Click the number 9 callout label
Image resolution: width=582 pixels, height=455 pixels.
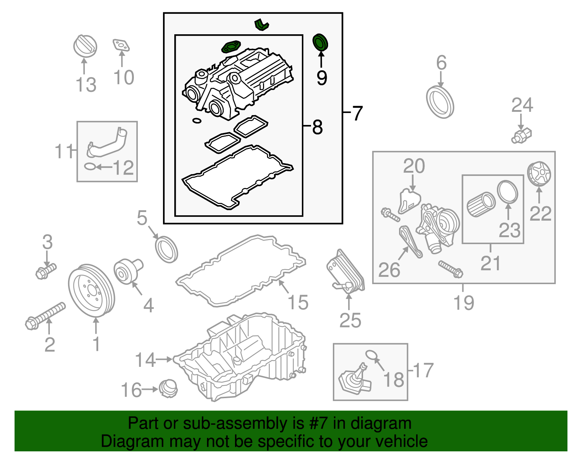click(322, 78)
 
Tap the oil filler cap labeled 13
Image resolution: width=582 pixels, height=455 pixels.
click(85, 46)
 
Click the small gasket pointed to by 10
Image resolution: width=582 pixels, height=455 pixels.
click(121, 46)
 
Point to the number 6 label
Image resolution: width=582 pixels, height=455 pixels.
click(441, 63)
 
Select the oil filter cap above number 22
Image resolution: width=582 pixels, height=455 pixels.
click(539, 174)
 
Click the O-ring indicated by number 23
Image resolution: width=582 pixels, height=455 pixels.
click(507, 192)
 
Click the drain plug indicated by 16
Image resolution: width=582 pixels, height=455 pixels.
click(168, 389)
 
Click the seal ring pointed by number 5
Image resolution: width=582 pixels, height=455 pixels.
click(167, 249)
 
